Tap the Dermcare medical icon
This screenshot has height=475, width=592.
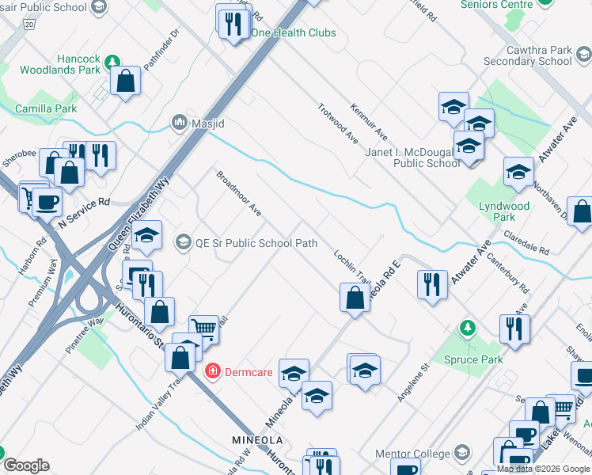pyautogui.click(x=213, y=370)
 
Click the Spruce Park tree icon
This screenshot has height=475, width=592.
pyautogui.click(x=468, y=328)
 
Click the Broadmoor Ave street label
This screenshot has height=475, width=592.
pyautogui.click(x=239, y=192)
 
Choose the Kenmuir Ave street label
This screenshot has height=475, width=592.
pyautogui.click(x=369, y=120)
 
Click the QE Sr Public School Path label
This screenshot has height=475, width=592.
pyautogui.click(x=256, y=243)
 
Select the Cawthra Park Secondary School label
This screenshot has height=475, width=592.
pyautogui.click(x=527, y=55)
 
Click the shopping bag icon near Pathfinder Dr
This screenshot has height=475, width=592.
pyautogui.click(x=126, y=80)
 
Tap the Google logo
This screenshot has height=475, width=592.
pyautogui.click(x=26, y=465)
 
